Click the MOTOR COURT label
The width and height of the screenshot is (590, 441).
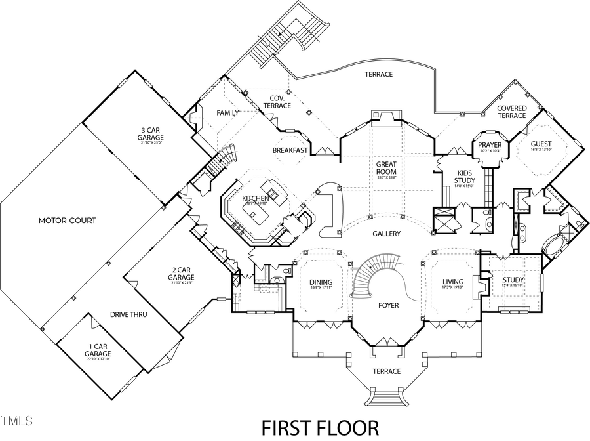click(66, 220)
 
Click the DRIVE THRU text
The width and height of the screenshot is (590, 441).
click(128, 315)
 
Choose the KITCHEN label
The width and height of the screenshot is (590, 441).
click(255, 198)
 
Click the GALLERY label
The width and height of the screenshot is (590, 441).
click(387, 234)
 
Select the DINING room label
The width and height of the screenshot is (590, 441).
click(321, 283)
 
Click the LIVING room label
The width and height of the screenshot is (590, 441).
click(452, 283)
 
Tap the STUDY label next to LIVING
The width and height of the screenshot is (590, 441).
click(513, 280)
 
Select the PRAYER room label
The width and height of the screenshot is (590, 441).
click(489, 145)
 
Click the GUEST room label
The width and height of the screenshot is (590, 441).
click(541, 144)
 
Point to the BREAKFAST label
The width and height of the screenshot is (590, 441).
click(290, 150)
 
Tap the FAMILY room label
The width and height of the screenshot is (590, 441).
click(227, 113)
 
